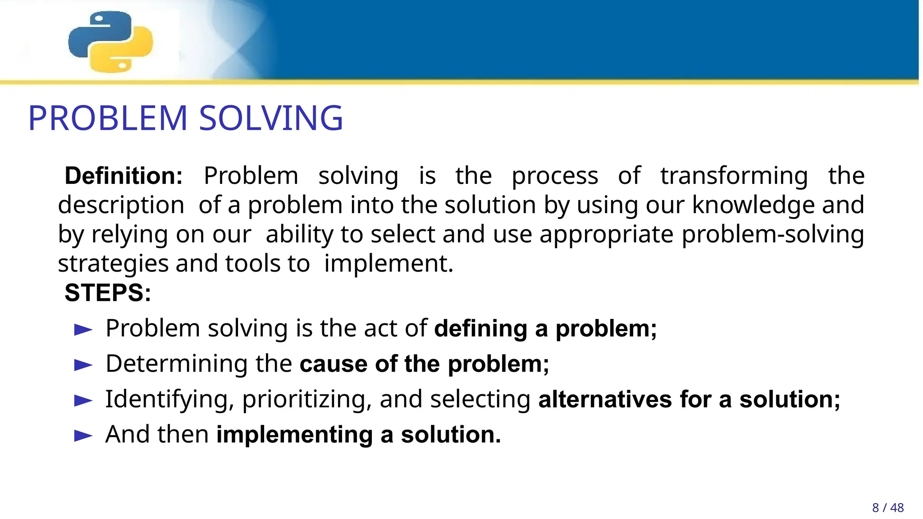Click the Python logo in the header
click(x=110, y=41)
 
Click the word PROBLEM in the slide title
click(x=107, y=118)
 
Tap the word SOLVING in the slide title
click(x=271, y=118)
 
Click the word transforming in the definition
click(x=734, y=176)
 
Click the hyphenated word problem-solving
click(x=772, y=234)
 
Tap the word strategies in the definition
click(x=113, y=264)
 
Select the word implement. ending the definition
click(x=388, y=264)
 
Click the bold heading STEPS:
click(x=108, y=293)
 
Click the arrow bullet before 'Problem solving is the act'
click(x=83, y=329)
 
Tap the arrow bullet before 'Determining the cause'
click(x=83, y=365)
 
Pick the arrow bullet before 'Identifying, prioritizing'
click(x=83, y=400)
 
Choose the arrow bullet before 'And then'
click(x=83, y=436)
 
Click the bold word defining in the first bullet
click(x=480, y=328)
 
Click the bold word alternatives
click(x=605, y=400)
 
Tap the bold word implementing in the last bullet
click(x=294, y=435)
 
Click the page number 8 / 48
click(x=887, y=508)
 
